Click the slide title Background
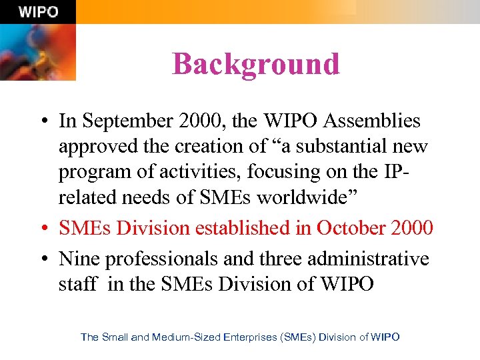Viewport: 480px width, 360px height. click(x=256, y=64)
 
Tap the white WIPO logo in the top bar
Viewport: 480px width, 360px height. click(x=38, y=12)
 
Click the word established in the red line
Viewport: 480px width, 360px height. click(x=254, y=227)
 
